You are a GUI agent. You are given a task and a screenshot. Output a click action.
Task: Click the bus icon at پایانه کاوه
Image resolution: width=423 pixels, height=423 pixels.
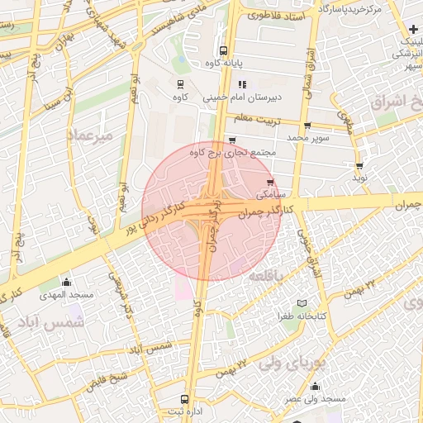tap(224, 50)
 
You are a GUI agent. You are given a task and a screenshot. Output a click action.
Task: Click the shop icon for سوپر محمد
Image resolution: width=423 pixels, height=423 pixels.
tap(307, 126)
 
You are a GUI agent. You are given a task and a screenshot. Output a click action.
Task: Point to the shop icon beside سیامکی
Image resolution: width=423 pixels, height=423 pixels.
tap(270, 183)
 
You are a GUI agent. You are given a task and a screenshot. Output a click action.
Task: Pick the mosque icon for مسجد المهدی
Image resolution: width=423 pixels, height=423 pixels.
tap(66, 282)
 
